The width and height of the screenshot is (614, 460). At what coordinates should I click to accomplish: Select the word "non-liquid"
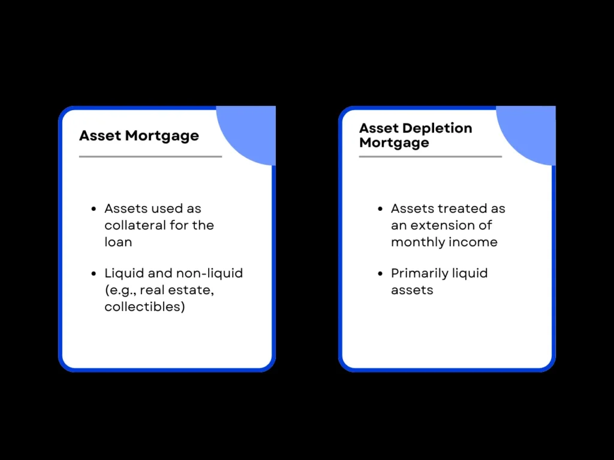pos(209,273)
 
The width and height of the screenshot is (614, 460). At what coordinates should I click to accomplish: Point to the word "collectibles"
pos(142,307)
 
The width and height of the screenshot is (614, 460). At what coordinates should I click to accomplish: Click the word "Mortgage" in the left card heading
pos(162,135)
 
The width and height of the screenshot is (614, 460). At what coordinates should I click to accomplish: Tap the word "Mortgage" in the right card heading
pos(394,143)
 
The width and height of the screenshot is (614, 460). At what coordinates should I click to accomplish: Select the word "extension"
pos(434,225)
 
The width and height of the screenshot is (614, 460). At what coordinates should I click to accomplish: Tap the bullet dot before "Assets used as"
pos(94,209)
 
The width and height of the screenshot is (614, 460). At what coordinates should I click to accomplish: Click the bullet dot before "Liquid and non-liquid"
pos(94,274)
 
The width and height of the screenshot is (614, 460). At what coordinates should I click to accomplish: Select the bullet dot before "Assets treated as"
pos(380,209)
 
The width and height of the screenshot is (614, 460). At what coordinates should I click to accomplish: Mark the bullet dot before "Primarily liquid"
pos(380,274)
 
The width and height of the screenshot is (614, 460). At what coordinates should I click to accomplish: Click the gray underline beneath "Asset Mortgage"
pos(150,157)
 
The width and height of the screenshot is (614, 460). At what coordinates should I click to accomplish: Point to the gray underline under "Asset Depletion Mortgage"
pos(430,157)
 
